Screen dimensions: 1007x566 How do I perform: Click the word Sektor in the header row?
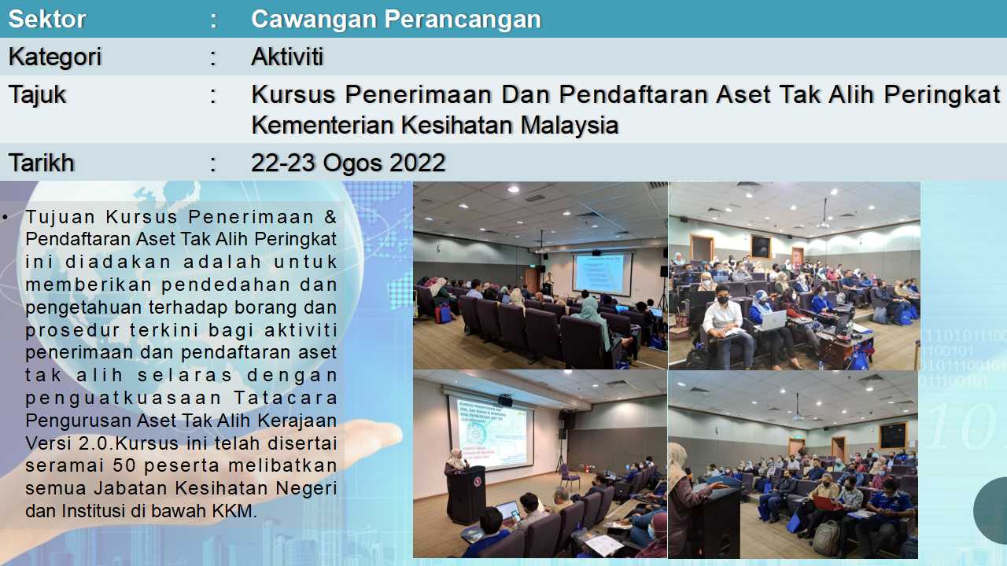(47, 20)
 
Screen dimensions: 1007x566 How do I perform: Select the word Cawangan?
(314, 20)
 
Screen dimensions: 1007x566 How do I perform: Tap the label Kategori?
(55, 57)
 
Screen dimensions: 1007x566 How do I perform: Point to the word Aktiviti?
(287, 57)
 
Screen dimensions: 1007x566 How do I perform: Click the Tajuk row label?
(37, 96)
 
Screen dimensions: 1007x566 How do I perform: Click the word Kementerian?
(323, 125)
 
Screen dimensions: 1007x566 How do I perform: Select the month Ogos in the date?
(352, 163)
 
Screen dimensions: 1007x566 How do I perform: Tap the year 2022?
(418, 163)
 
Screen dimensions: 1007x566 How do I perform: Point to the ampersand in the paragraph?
(330, 217)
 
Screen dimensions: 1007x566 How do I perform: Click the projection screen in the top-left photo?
(602, 274)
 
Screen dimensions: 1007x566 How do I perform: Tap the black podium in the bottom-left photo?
(467, 495)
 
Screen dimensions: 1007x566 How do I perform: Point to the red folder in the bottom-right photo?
(826, 502)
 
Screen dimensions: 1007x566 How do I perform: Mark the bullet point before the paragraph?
(5, 218)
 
